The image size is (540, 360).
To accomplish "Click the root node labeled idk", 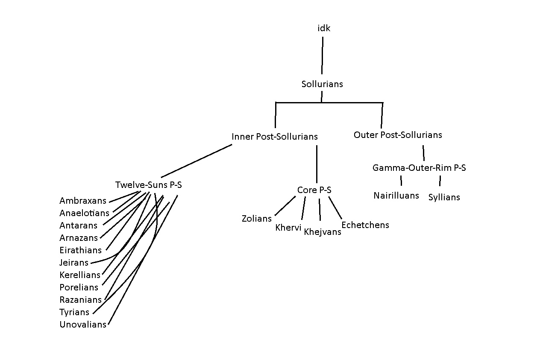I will click(x=324, y=29).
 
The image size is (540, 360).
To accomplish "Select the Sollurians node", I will click(x=322, y=84).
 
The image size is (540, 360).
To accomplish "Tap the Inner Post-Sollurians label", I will click(x=275, y=137).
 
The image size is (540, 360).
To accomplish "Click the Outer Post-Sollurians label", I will click(x=398, y=135).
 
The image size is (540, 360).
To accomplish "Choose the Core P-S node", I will click(x=314, y=190).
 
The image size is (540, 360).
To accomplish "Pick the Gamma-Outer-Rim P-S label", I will click(x=419, y=168).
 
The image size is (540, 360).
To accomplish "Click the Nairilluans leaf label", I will click(x=396, y=196).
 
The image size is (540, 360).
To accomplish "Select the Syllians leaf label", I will click(x=444, y=197).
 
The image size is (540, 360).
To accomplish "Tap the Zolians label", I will click(x=257, y=219).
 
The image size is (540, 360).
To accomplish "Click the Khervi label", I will click(x=288, y=228).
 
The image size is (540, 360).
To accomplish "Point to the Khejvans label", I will click(x=323, y=232).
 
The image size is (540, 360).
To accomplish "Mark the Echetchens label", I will click(x=365, y=225).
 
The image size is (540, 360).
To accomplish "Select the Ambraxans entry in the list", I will click(x=83, y=201).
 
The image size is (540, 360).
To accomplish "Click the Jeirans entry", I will click(x=74, y=263).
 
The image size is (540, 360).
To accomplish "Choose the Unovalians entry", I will click(x=83, y=325).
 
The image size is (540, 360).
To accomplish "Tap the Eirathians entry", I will click(x=81, y=250).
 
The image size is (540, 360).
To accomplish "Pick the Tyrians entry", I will click(x=74, y=312).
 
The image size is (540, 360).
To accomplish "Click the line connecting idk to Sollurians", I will click(x=322, y=56).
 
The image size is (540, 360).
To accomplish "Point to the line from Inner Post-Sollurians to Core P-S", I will click(x=317, y=164).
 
